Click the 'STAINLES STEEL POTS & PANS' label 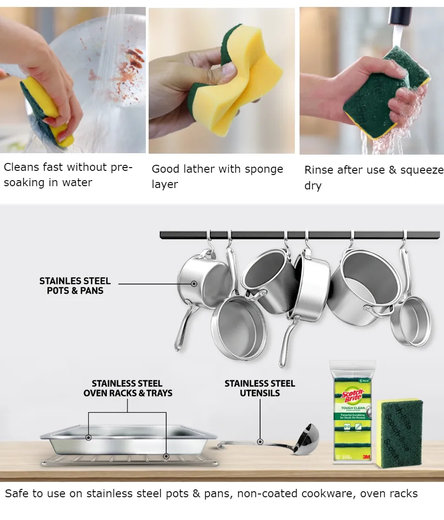(x=75, y=286)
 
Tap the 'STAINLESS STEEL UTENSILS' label (x=260, y=388)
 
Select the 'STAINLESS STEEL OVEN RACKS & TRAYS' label (x=128, y=388)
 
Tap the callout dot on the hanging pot (x=194, y=283)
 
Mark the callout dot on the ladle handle (x=260, y=442)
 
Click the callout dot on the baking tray (x=88, y=437)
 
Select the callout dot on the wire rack (x=165, y=456)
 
